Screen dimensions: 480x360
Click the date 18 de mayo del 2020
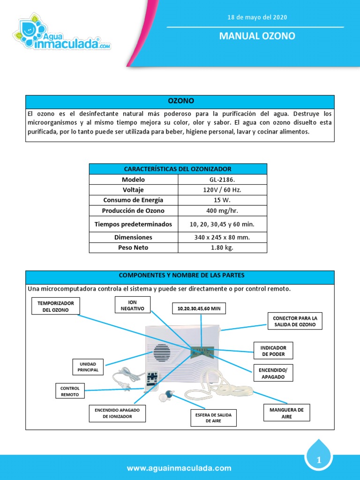tap(257, 17)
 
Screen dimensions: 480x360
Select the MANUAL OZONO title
tap(257, 36)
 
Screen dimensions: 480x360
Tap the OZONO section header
tap(180, 101)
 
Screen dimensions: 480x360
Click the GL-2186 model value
tap(222, 180)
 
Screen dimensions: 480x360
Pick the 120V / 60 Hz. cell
tap(222, 190)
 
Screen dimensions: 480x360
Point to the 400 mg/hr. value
tap(222, 210)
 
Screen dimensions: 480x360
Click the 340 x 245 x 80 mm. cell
tap(222, 237)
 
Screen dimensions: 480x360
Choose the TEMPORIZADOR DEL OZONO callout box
tap(56, 306)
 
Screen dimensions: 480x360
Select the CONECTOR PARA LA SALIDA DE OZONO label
tap(295, 321)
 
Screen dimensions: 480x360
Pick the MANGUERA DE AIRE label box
tap(286, 413)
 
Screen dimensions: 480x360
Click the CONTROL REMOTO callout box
tap(70, 391)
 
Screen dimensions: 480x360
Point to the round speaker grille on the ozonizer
tap(161, 352)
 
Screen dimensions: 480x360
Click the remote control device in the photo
tap(151, 379)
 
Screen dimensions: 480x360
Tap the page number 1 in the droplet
tap(319, 461)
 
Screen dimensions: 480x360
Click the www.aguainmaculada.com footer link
tap(180, 468)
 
